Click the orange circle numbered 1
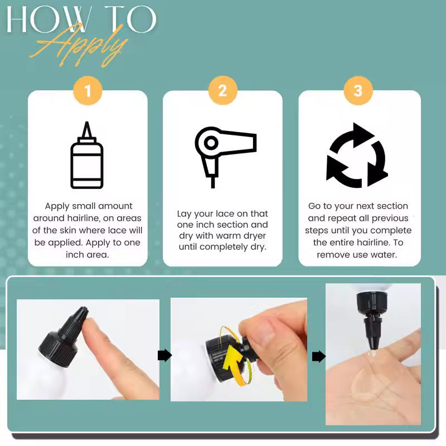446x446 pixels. [88, 91]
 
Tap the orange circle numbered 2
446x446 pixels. [222, 91]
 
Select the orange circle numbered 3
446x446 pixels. [358, 91]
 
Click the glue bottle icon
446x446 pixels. [87, 155]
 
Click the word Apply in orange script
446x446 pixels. [79, 46]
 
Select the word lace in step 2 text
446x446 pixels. [226, 214]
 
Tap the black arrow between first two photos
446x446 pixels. [164, 356]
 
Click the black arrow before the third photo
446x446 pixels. [319, 356]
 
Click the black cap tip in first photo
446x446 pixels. [83, 310]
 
